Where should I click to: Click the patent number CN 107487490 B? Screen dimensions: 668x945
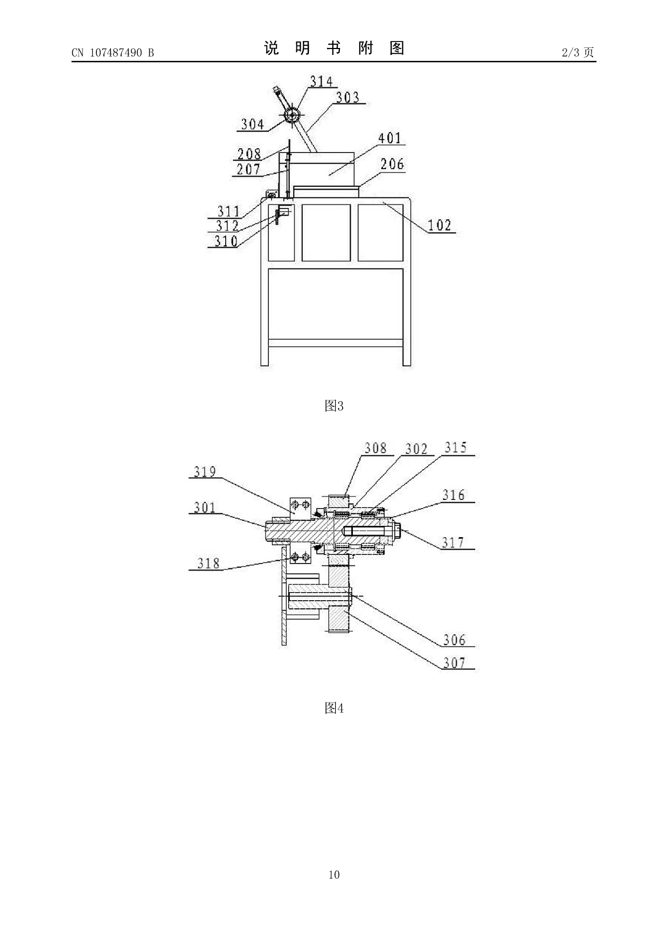[113, 52]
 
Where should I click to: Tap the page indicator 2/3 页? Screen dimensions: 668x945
[578, 52]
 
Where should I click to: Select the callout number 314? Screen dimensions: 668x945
[322, 81]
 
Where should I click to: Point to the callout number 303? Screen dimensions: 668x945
[347, 98]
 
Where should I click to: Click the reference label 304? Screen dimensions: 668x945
[253, 124]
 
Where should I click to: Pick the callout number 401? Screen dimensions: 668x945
[389, 138]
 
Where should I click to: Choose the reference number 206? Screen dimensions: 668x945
[392, 164]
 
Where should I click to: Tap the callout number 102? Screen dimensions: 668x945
[440, 225]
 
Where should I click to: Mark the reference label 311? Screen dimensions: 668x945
[228, 211]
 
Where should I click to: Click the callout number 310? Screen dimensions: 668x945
[226, 241]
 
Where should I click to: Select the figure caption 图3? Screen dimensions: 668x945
[334, 406]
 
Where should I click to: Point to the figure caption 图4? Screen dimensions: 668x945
[334, 708]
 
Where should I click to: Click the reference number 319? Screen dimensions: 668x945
[205, 472]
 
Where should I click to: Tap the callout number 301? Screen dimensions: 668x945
[205, 508]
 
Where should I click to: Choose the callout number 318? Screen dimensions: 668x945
[208, 564]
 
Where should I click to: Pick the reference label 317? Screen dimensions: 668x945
[453, 543]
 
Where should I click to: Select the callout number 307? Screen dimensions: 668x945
[455, 663]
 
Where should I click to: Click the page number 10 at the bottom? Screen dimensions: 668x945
[334, 875]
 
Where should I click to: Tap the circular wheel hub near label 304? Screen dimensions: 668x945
[293, 115]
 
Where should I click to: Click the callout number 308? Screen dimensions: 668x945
[375, 448]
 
